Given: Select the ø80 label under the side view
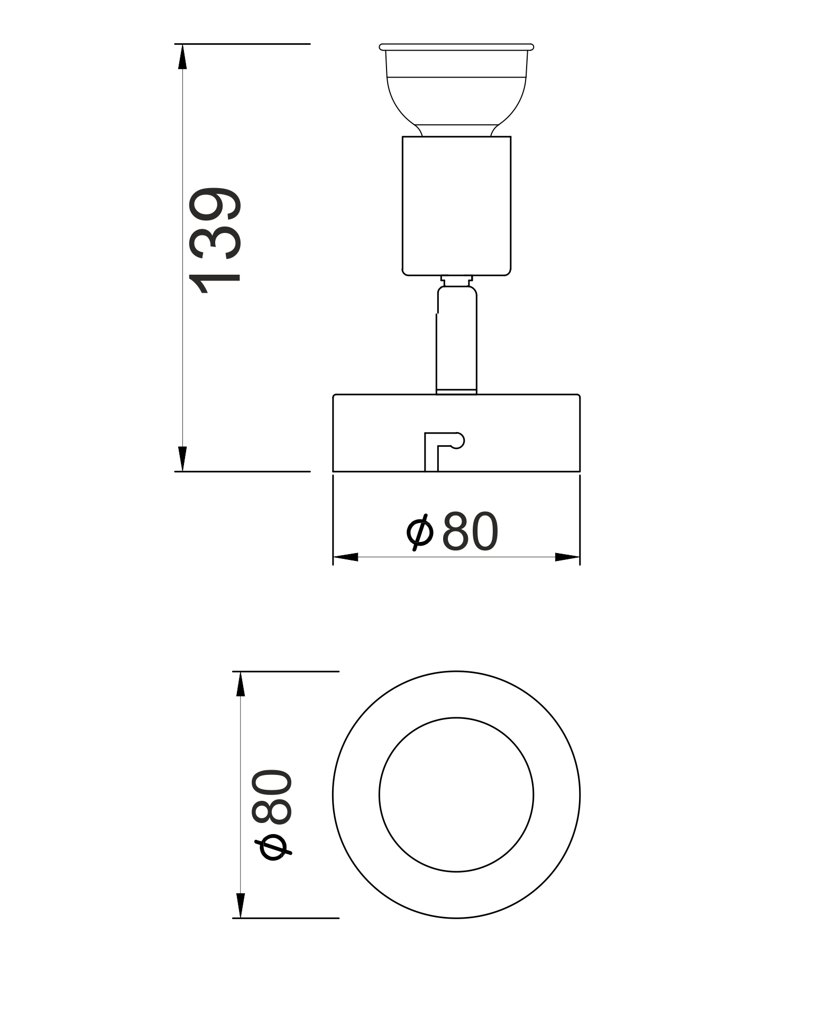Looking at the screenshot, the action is tap(453, 531).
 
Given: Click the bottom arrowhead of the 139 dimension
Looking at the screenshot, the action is tap(182, 459).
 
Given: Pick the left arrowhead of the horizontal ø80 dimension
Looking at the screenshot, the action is tap(345, 557).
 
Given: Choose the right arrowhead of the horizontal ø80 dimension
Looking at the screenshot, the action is tap(567, 557).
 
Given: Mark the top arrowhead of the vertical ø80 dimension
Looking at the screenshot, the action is tap(241, 684).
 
